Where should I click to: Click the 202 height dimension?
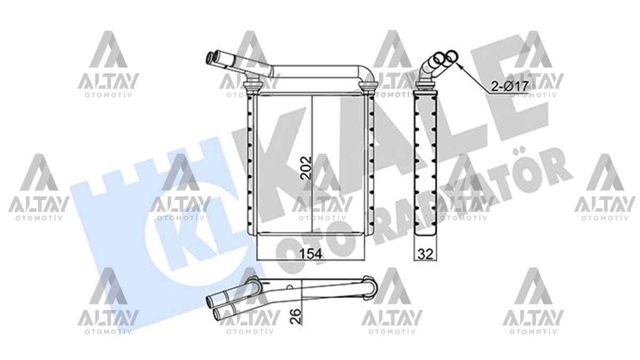click(x=306, y=167)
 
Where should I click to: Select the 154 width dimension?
click(x=310, y=254)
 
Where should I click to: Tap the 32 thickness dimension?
click(x=426, y=254)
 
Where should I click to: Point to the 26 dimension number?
click(x=296, y=316)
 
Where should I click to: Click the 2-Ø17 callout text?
click(x=509, y=86)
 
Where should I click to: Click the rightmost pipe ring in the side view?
click(x=451, y=56)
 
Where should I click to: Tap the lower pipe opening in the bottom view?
click(x=218, y=314)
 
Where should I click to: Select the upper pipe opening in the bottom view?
click(x=210, y=301)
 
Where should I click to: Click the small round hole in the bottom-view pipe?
click(x=290, y=287)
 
